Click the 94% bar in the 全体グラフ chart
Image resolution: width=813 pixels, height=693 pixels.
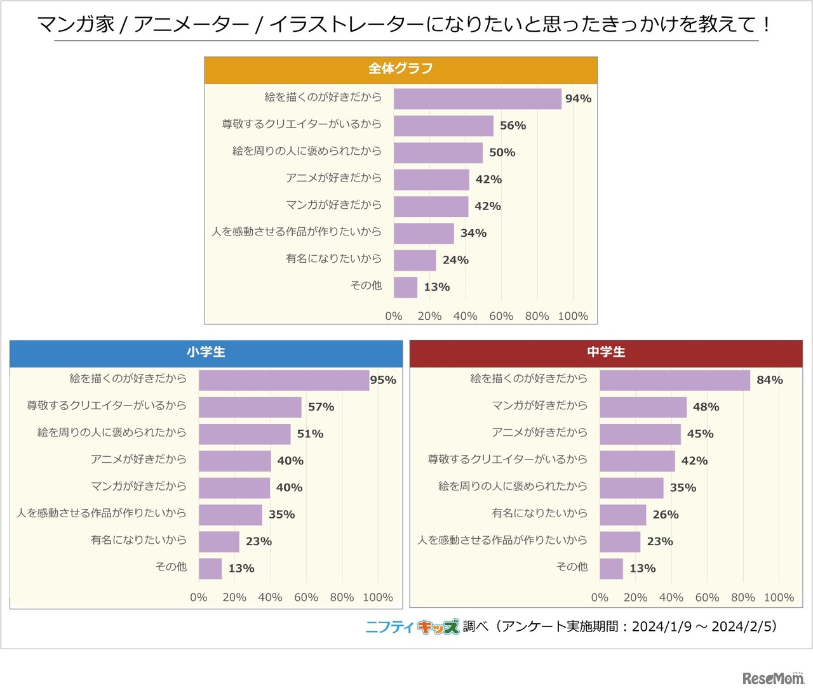(477, 99)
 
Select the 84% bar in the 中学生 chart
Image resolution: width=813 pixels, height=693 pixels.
(675, 380)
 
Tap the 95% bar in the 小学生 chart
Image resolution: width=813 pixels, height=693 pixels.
(283, 380)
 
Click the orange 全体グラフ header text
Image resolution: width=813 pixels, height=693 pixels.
(401, 69)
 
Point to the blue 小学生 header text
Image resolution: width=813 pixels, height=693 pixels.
(206, 352)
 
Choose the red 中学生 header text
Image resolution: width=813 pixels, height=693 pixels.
(606, 352)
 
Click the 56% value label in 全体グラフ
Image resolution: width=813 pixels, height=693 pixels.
(513, 126)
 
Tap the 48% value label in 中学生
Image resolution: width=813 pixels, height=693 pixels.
(706, 407)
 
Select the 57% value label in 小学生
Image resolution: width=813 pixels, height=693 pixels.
(321, 407)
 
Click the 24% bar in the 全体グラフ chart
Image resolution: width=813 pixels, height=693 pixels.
(415, 260)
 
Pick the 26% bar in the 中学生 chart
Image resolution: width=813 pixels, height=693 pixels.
(622, 515)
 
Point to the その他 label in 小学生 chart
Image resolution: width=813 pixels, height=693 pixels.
(171, 567)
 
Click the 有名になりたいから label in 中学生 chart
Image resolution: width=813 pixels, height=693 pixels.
(539, 513)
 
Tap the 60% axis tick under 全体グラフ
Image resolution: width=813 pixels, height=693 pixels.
(501, 316)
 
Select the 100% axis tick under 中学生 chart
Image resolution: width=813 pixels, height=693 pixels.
(779, 597)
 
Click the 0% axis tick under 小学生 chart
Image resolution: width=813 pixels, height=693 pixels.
(199, 597)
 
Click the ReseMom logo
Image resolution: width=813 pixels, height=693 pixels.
(773, 678)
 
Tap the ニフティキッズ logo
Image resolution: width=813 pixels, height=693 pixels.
(412, 627)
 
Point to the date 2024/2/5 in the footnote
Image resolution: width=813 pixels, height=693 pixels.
(741, 626)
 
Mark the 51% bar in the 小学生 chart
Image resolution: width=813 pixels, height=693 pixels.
(245, 434)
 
